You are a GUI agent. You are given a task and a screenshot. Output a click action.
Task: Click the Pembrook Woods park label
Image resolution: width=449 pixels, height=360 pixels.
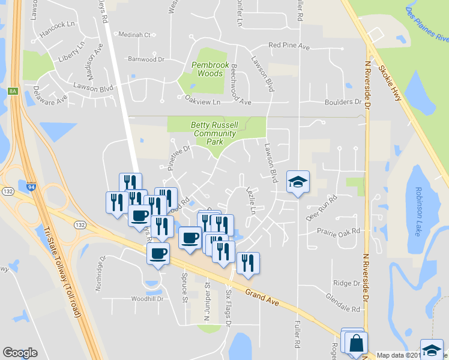(x=206, y=69)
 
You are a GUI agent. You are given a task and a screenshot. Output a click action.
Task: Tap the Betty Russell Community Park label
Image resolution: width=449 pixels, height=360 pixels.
(x=206, y=133)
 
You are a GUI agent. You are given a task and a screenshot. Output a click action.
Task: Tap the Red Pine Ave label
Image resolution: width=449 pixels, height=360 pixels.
(x=289, y=45)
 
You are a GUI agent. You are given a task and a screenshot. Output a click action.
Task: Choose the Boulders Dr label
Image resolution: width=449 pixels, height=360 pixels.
(x=343, y=102)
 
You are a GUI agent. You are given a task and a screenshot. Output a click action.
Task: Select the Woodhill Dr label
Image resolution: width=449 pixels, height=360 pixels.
(x=131, y=298)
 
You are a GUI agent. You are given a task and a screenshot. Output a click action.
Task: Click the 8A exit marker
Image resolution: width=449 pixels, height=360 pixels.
(x=13, y=91)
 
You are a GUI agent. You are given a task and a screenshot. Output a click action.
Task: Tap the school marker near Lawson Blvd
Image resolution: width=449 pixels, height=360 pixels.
(x=297, y=182)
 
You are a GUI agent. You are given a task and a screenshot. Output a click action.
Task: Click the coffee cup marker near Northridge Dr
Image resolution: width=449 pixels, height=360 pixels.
(x=158, y=254)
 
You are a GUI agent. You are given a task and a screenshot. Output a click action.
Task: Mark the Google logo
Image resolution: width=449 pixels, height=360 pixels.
(x=20, y=353)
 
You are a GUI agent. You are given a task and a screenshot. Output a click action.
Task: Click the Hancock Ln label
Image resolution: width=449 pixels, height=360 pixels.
(x=58, y=25)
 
